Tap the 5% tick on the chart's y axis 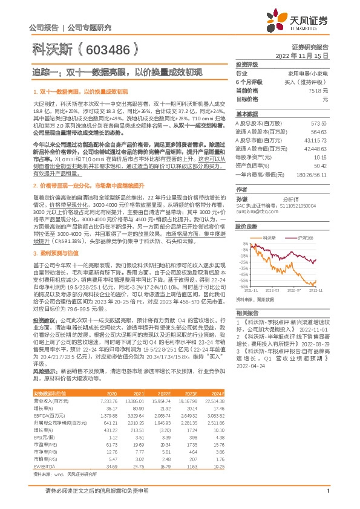[x=244, y=244]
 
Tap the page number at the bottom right [x=327, y=497]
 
